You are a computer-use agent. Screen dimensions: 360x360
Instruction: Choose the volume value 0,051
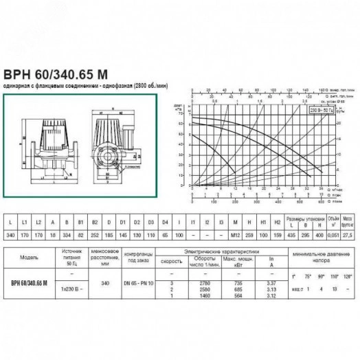click(333, 236)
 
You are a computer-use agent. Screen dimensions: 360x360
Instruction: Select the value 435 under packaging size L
click(290, 236)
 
